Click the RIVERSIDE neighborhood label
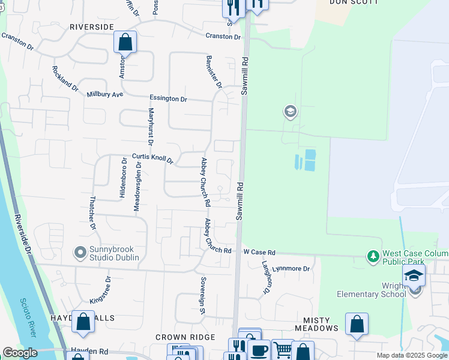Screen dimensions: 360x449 point(91,27)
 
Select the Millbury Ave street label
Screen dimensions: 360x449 point(104,95)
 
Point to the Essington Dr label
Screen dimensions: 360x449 point(168,98)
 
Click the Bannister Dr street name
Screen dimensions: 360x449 point(214,72)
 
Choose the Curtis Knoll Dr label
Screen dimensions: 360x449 point(152,158)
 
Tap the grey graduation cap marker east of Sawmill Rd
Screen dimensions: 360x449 point(291,112)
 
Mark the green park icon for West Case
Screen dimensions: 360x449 point(373,257)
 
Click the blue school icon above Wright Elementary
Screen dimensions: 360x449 point(414,276)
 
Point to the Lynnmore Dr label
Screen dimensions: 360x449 point(291,269)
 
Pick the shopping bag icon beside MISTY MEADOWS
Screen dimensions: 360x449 point(357,324)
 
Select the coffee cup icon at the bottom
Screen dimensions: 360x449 point(259,350)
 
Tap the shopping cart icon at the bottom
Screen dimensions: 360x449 point(283,350)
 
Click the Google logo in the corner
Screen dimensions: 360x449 point(19,353)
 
